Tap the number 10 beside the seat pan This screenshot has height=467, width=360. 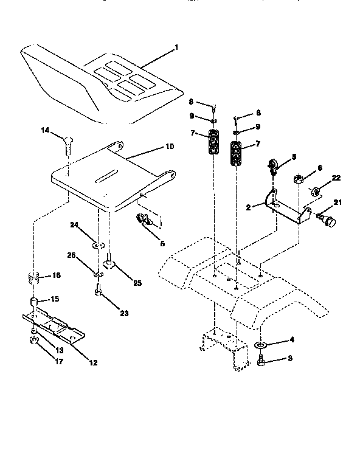(170, 147)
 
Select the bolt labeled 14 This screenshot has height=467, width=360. (67, 145)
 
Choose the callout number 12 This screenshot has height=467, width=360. (93, 363)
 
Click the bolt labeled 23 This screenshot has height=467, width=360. (98, 293)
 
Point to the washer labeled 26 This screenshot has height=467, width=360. (98, 274)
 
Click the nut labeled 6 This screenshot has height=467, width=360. (299, 178)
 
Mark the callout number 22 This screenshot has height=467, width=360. (336, 178)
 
